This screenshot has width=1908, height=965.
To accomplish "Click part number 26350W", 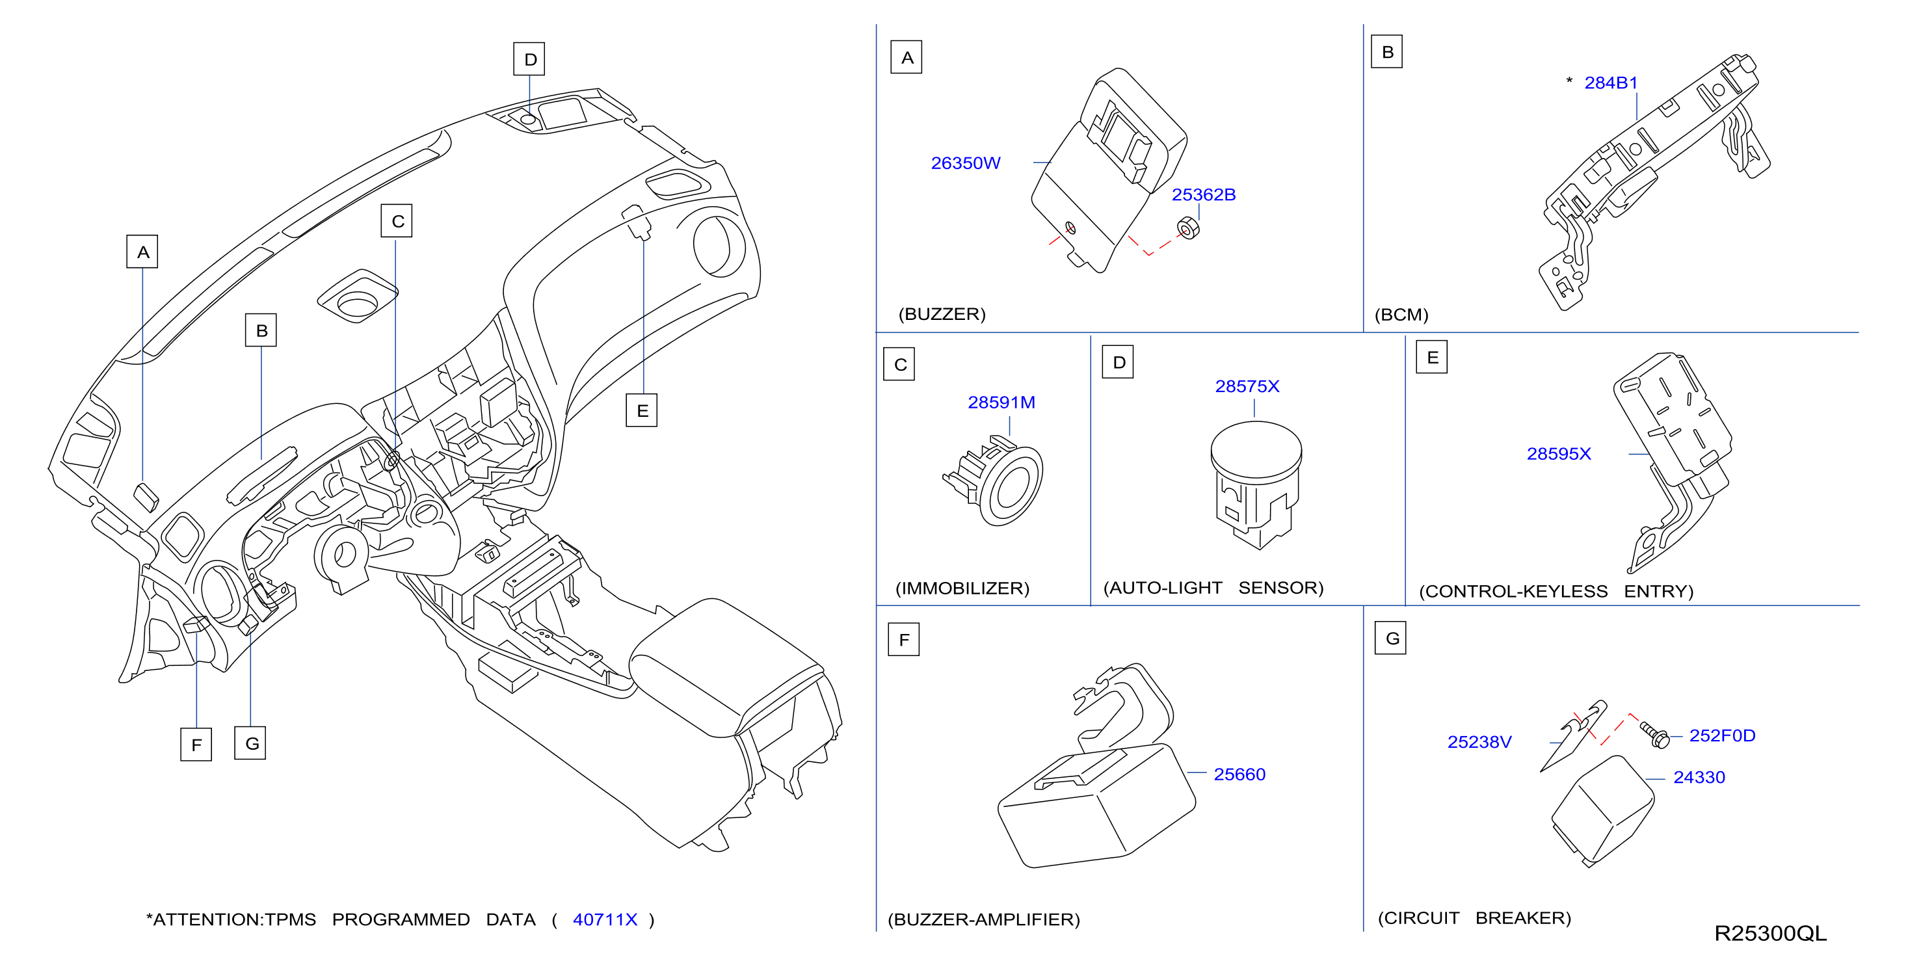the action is click(965, 163).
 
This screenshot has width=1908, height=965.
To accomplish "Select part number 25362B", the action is click(1203, 195).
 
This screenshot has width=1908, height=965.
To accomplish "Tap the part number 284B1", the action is click(1610, 83).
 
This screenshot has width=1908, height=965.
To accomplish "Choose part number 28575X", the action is click(1247, 387).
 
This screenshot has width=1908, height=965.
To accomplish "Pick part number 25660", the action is click(1239, 774).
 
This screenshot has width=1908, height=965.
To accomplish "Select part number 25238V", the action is click(1479, 742).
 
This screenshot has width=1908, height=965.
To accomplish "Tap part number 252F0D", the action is click(1722, 736).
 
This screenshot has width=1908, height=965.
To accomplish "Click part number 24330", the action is click(1699, 778).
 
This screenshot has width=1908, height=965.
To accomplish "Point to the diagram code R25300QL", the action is click(1770, 934).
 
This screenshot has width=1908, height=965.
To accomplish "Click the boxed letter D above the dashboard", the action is click(529, 59).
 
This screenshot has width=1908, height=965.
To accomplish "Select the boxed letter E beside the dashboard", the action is click(641, 410).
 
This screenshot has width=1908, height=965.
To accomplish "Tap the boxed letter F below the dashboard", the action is click(196, 745).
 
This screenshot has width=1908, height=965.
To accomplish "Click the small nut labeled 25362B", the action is click(1188, 228).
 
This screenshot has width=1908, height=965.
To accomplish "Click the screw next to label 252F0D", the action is click(1654, 735).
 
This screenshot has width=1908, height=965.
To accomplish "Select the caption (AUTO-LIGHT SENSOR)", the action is click(1213, 588).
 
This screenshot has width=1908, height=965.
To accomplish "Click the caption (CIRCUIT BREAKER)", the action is click(1474, 918).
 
